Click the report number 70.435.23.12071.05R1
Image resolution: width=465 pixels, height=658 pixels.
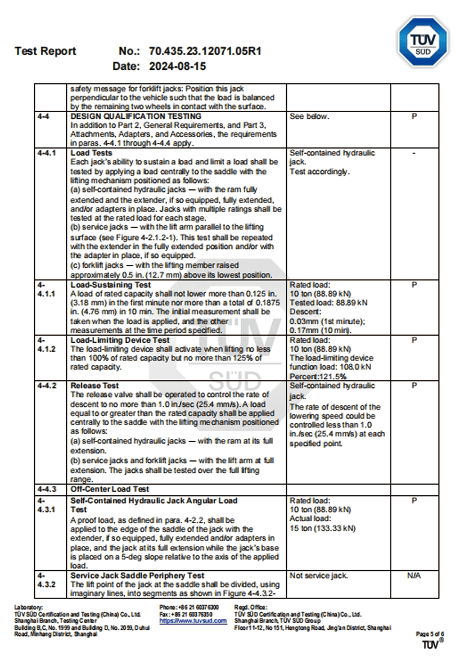[205, 51]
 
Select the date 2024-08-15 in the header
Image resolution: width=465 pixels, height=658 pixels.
[177, 66]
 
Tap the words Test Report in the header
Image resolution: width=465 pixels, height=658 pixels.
[46, 51]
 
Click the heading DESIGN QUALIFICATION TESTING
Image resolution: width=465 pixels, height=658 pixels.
[136, 117]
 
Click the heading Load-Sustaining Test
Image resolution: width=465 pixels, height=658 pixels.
[111, 285]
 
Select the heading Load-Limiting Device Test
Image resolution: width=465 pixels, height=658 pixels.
[120, 341]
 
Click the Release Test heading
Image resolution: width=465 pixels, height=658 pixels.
[94, 386]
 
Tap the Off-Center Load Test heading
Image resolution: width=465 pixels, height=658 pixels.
[110, 489]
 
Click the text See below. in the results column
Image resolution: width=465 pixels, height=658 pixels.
[309, 117]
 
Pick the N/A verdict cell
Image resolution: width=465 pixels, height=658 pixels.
[414, 575]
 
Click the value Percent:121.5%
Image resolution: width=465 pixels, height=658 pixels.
[318, 375]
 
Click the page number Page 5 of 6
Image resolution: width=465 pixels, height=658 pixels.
[430, 634]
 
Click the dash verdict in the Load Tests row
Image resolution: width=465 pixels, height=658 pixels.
[414, 153]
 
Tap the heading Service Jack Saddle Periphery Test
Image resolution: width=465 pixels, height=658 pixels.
[137, 575]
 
